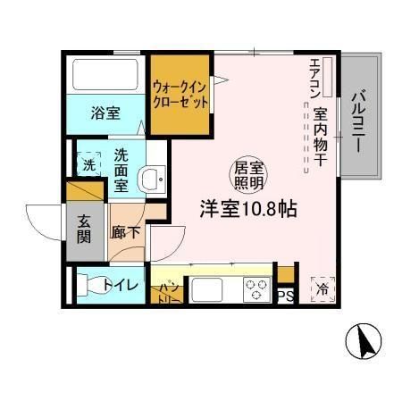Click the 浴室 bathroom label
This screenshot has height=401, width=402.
pos(105,113)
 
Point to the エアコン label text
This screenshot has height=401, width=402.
pos(314,79)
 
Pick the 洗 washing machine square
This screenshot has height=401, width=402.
pos(89,164)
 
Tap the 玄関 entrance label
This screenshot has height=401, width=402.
pos(83,231)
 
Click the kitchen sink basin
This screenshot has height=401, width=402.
pos(211,290)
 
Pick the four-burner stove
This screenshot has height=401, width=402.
pos(256,291)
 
